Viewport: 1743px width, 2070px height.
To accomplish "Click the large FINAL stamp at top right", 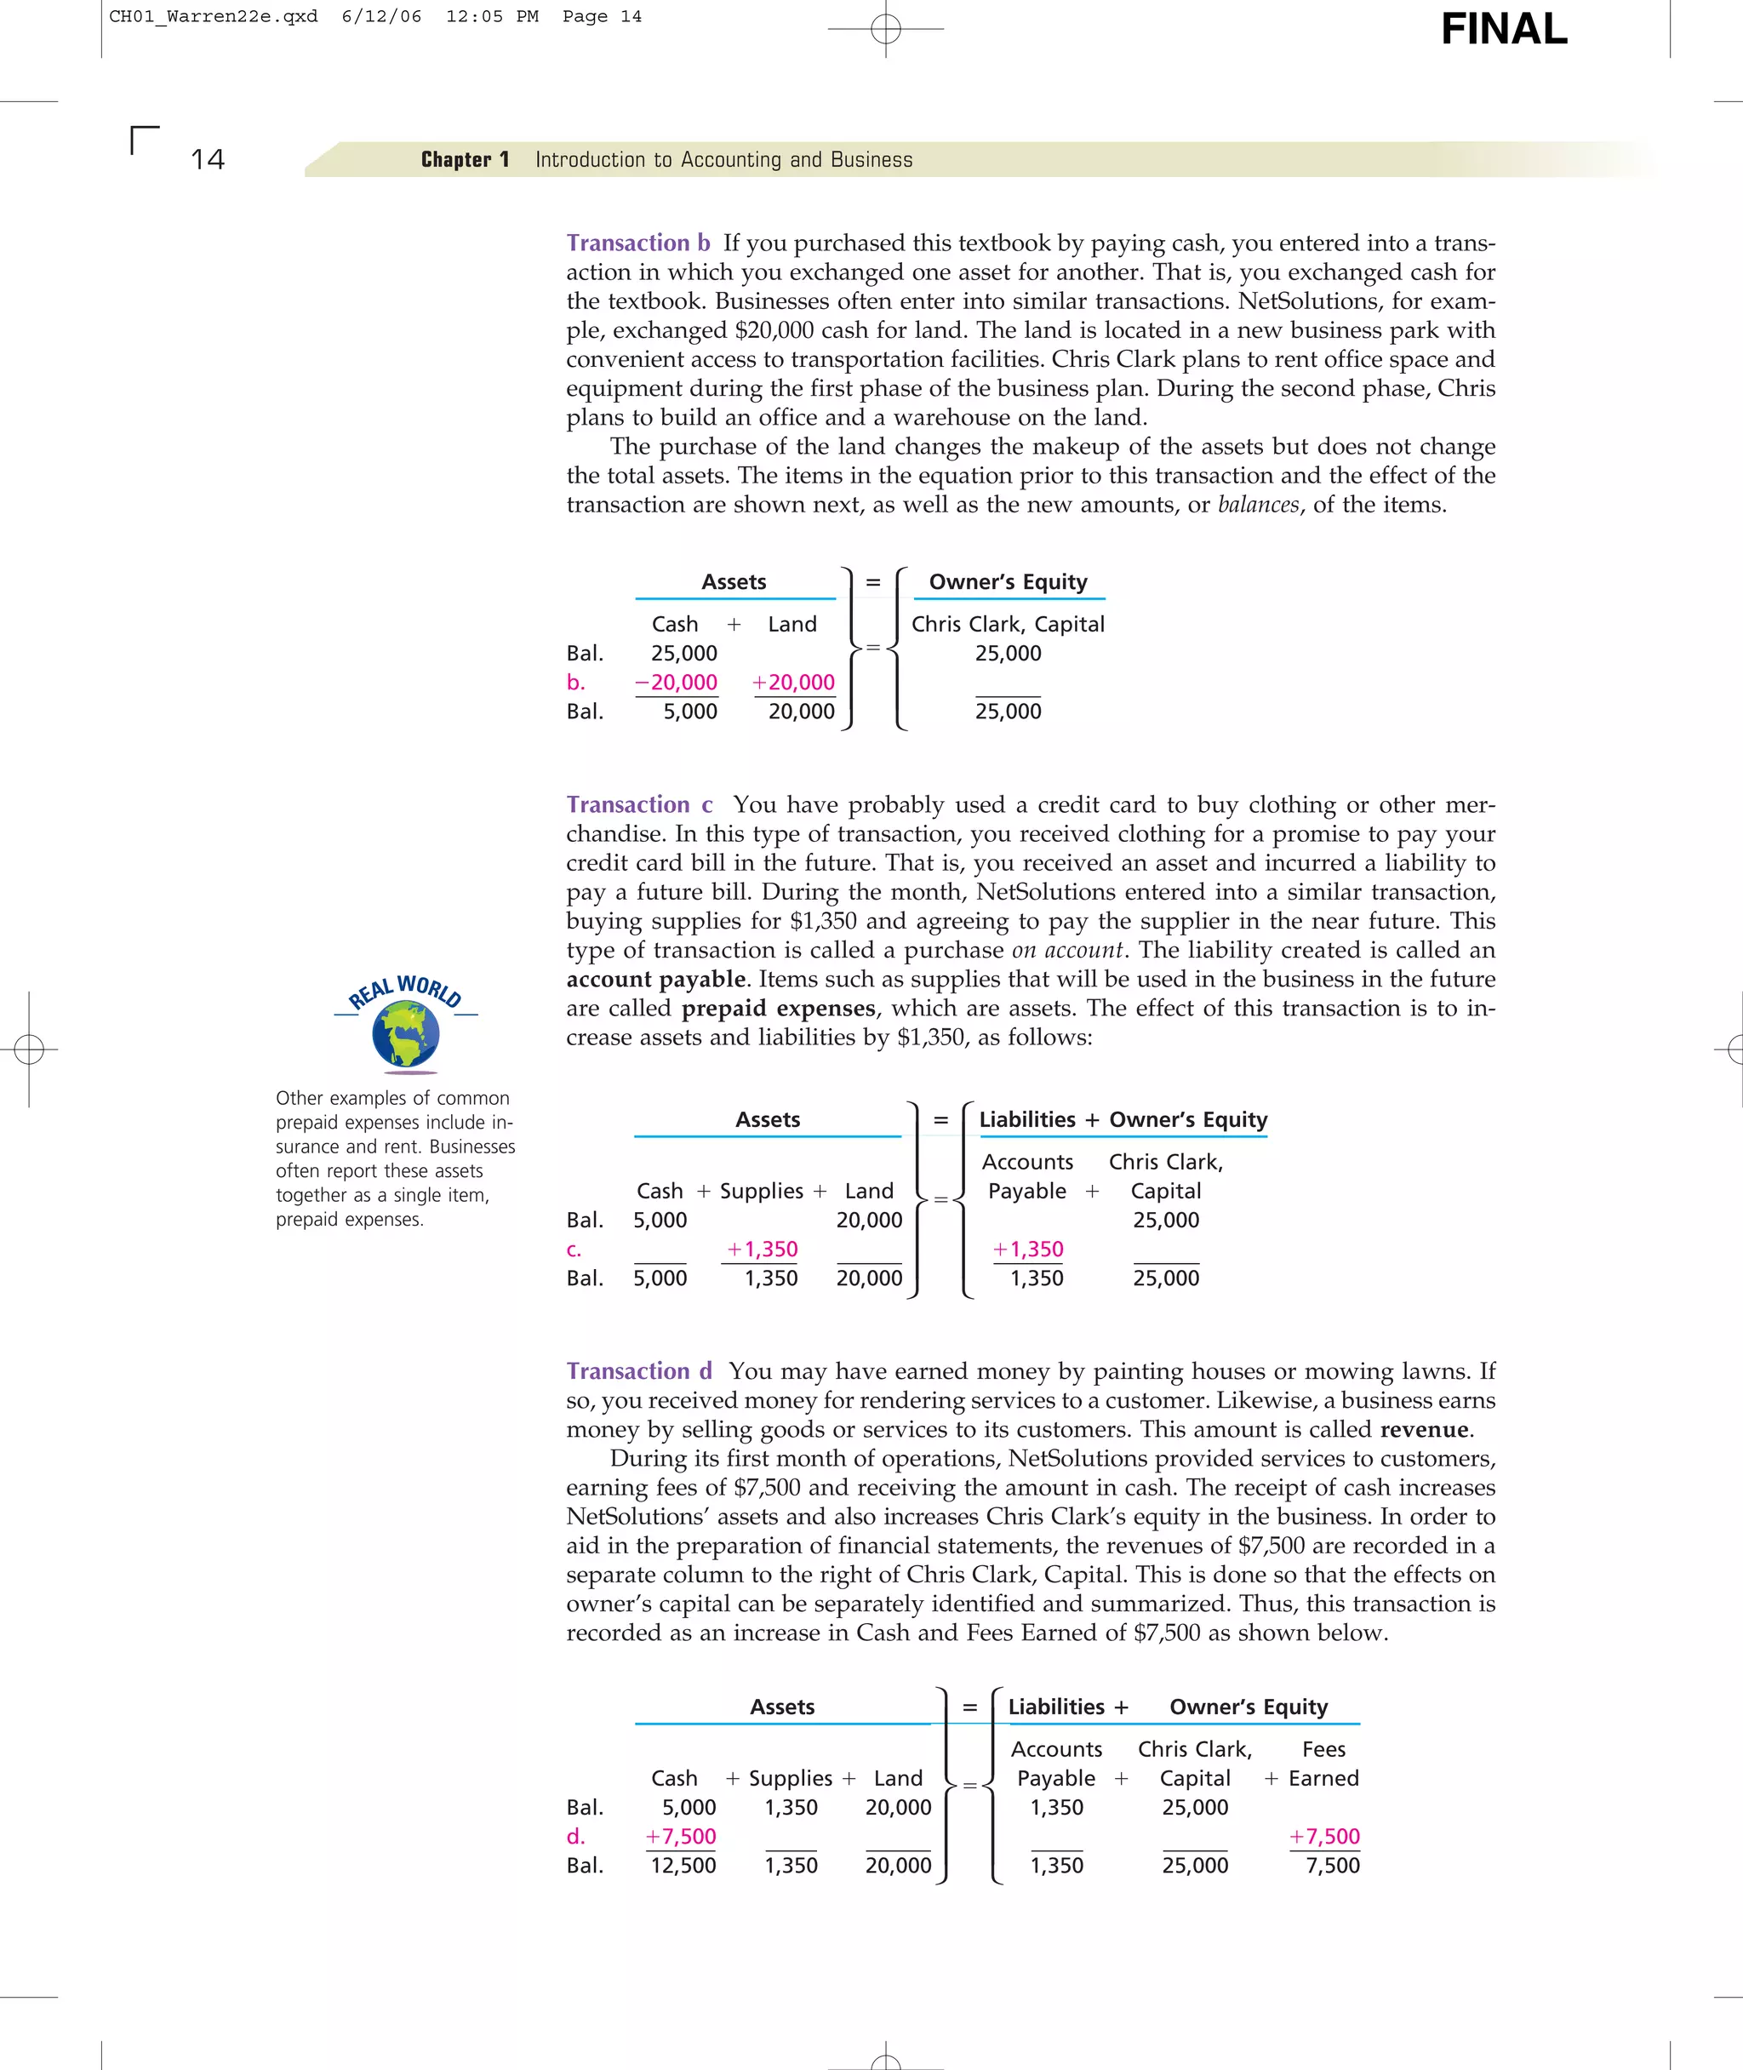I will (x=1503, y=30).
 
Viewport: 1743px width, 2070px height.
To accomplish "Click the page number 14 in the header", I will (x=208, y=159).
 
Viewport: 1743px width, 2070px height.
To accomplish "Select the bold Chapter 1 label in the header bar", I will (x=465, y=159).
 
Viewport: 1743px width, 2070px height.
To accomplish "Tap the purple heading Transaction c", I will (x=639, y=804).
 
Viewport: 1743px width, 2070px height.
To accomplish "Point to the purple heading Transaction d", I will (x=639, y=1370).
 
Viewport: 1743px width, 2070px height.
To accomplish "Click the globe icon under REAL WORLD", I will (x=405, y=1034).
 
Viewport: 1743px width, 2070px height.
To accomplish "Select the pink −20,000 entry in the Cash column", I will (x=676, y=682).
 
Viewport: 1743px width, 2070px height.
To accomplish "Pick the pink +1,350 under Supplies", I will (x=762, y=1249).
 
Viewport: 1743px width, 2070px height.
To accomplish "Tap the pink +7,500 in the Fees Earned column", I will (x=1324, y=1836).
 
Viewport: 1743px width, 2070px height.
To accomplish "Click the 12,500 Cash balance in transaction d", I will (x=683, y=1866).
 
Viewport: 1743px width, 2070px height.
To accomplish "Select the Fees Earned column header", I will (x=1323, y=1763).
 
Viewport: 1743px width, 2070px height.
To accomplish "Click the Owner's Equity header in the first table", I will (x=1008, y=582).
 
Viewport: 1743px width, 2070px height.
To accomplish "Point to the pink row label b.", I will (x=575, y=682).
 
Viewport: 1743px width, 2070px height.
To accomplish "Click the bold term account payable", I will (x=656, y=979).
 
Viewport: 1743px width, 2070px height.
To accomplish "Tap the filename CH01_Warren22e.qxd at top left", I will (x=214, y=16).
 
